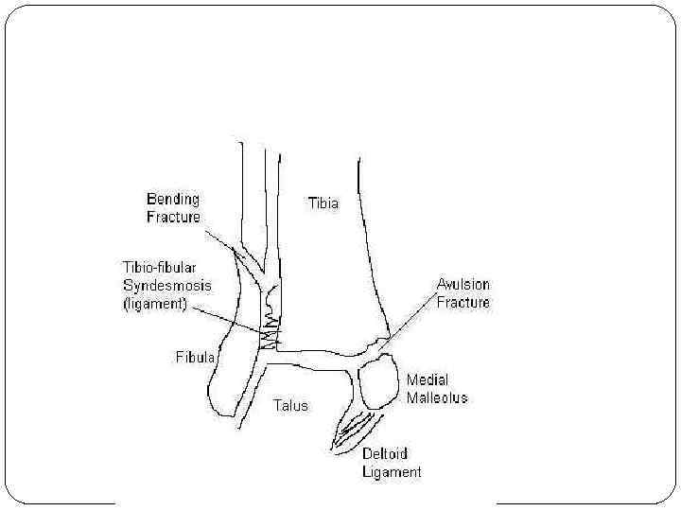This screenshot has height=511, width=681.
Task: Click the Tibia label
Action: [x=323, y=203]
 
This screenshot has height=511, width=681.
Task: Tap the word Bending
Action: [x=172, y=199]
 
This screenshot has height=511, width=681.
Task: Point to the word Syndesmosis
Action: [x=166, y=285]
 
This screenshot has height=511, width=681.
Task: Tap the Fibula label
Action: [x=196, y=358]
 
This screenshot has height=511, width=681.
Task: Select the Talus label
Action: [x=290, y=405]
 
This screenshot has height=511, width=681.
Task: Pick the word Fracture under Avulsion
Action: [x=463, y=302]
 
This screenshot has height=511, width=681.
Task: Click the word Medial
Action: [x=427, y=380]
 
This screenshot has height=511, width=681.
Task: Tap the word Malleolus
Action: [x=437, y=398]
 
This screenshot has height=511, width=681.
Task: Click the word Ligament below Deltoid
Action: [x=392, y=471]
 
